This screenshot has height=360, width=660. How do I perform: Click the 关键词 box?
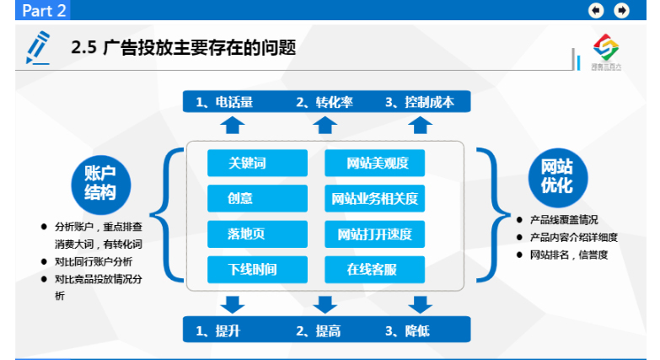[247, 163]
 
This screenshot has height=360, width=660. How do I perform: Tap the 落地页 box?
[247, 234]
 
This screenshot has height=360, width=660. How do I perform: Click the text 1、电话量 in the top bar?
[224, 102]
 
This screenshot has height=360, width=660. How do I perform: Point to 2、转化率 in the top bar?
[324, 102]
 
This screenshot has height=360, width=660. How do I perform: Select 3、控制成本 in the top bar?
[420, 102]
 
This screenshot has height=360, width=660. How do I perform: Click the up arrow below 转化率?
[325, 126]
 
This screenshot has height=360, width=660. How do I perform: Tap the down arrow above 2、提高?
[325, 304]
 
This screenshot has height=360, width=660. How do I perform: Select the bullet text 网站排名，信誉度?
[568, 255]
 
